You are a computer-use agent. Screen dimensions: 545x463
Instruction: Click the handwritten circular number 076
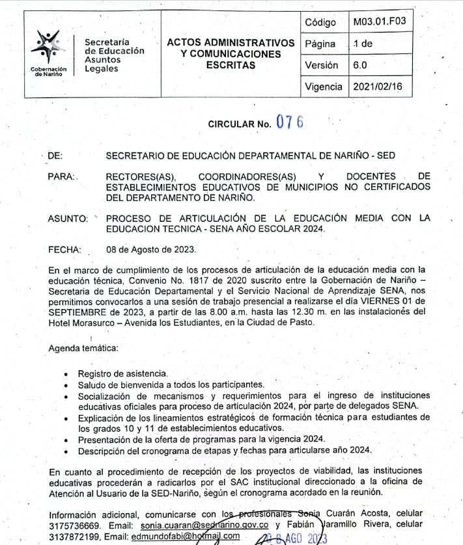pos(290,122)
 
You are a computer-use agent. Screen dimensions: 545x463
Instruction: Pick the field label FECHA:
pos(64,249)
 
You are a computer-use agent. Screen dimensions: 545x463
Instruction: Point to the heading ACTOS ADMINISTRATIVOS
pos(231,42)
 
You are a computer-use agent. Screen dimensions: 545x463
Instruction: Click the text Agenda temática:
pos(83,349)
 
